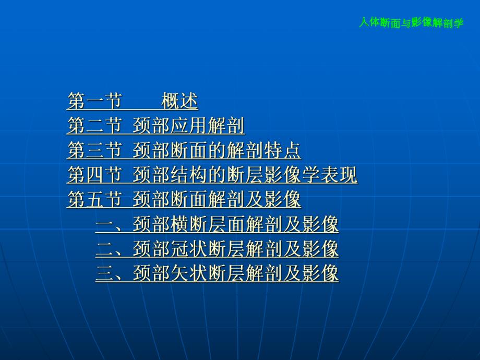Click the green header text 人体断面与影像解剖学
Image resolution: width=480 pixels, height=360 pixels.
(411, 23)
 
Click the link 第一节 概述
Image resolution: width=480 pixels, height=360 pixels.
(133, 101)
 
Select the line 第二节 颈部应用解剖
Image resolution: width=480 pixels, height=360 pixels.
(156, 126)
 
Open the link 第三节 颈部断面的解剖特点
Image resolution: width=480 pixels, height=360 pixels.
(184, 151)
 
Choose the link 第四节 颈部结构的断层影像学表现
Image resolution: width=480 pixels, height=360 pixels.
(212, 175)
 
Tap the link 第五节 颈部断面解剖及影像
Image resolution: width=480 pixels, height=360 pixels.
(184, 200)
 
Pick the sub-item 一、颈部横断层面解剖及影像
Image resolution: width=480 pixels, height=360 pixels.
(217, 225)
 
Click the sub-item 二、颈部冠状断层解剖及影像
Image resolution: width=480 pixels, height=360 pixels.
(217, 249)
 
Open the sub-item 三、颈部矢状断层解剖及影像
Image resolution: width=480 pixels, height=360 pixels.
(217, 273)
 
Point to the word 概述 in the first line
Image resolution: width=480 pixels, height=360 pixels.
(179, 101)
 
